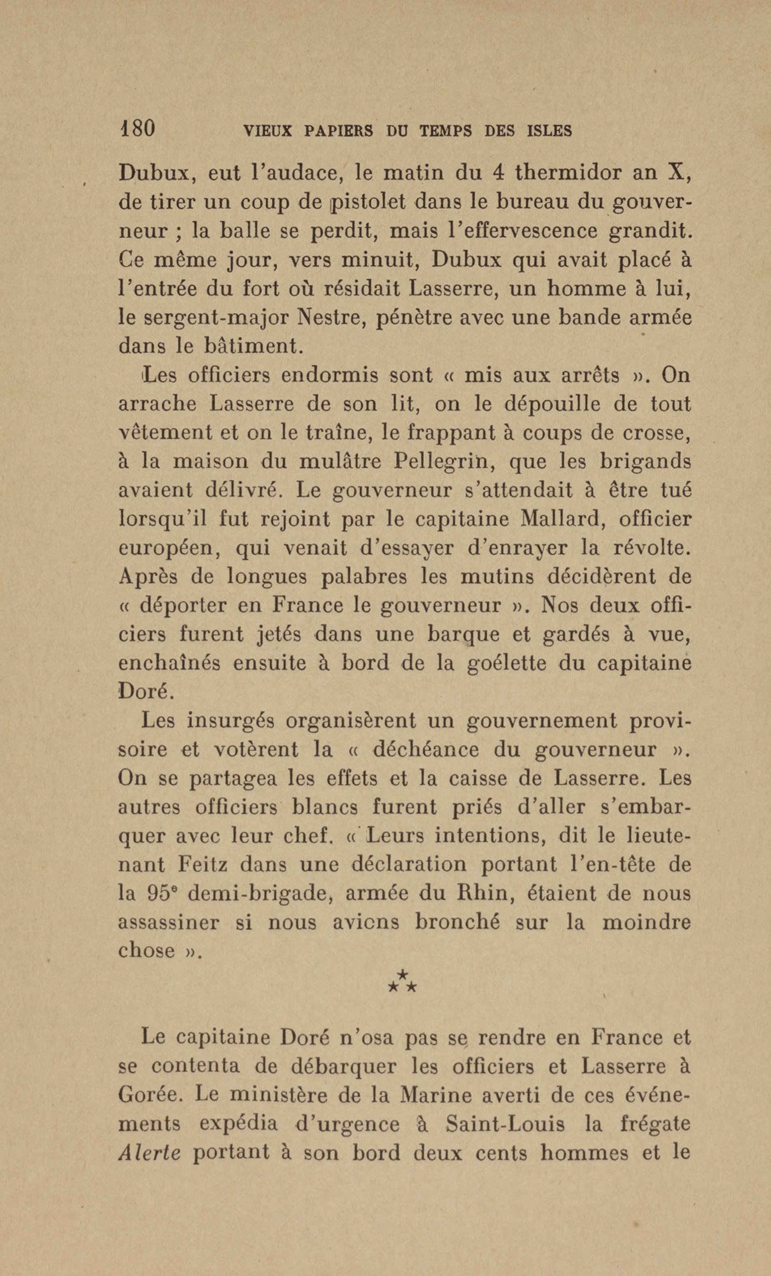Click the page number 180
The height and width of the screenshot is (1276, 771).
[137, 128]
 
